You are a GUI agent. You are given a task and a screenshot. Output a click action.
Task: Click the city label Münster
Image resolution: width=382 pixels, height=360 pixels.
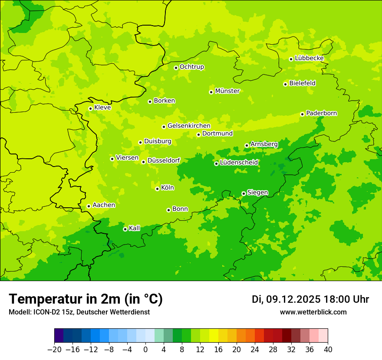tap(227, 91)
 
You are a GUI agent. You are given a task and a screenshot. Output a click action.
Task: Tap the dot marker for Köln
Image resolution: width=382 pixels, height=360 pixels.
tap(157, 189)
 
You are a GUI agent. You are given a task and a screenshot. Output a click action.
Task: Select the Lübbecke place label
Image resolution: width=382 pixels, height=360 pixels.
tap(309, 58)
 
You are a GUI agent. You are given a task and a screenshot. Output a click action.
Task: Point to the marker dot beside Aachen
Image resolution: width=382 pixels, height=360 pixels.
tap(89, 206)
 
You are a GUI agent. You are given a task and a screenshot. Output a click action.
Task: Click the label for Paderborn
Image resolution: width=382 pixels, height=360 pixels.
tap(321, 113)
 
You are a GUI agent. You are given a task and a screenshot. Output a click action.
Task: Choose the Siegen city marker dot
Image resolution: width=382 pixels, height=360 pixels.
tap(244, 193)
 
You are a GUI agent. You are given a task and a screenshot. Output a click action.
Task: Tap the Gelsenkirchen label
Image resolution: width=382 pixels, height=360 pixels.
tap(189, 126)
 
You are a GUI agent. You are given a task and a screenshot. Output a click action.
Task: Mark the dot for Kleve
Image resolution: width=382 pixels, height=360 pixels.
tap(90, 108)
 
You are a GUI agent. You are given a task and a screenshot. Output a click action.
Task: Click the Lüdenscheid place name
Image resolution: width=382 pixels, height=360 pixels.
tap(239, 163)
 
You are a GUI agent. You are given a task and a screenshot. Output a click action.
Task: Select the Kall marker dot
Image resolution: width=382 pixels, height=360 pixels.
tap(125, 229)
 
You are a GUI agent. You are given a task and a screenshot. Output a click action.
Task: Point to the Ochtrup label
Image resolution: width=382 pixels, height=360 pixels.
tap(192, 67)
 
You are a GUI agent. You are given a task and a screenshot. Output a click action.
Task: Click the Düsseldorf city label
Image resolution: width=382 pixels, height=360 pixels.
tap(164, 160)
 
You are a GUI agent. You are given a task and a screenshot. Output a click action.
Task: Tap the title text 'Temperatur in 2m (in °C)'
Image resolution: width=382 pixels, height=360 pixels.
tap(86, 299)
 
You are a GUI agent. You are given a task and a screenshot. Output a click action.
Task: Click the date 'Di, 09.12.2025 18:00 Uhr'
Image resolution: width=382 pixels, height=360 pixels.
tap(310, 299)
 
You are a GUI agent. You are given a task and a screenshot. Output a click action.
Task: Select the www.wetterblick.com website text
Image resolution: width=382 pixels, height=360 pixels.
tap(313, 312)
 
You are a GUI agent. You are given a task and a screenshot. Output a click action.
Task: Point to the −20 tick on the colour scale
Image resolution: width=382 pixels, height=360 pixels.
tap(54, 350)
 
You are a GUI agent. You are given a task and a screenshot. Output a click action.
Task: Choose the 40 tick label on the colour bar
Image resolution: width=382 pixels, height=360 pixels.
tap(328, 350)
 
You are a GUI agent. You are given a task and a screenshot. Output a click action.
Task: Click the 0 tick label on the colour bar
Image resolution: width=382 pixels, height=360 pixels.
tap(145, 350)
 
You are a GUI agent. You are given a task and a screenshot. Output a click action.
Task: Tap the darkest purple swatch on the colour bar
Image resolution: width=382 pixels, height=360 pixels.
tap(59, 336)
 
